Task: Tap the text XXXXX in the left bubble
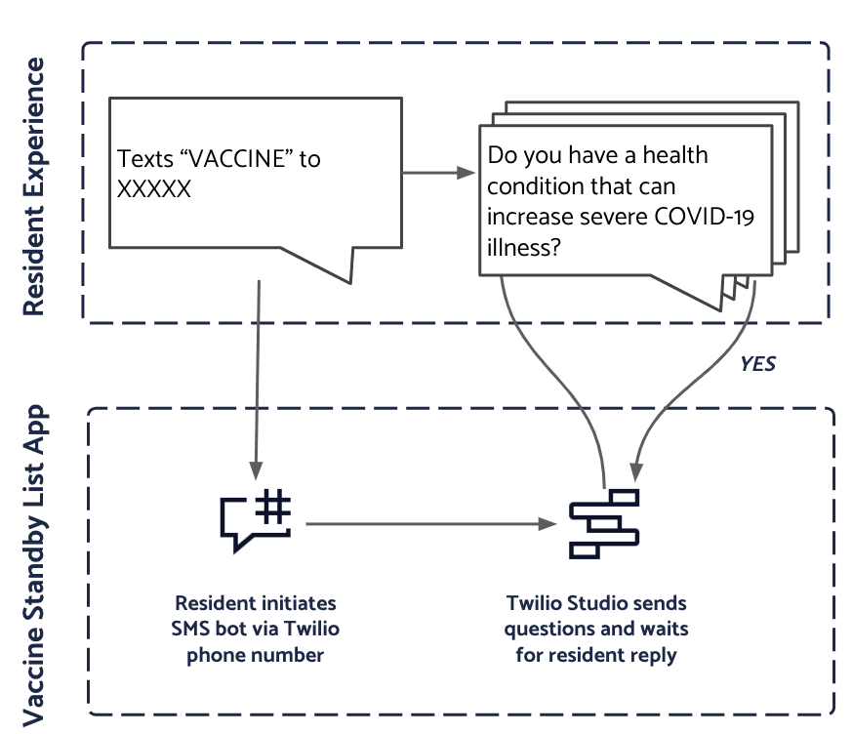pos(154,189)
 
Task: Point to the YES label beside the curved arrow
pos(757,363)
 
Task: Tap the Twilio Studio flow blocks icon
pos(603,524)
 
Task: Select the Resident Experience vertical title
pos(33,185)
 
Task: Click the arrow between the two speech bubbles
pos(438,174)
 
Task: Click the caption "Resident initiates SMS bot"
pos(255,615)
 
